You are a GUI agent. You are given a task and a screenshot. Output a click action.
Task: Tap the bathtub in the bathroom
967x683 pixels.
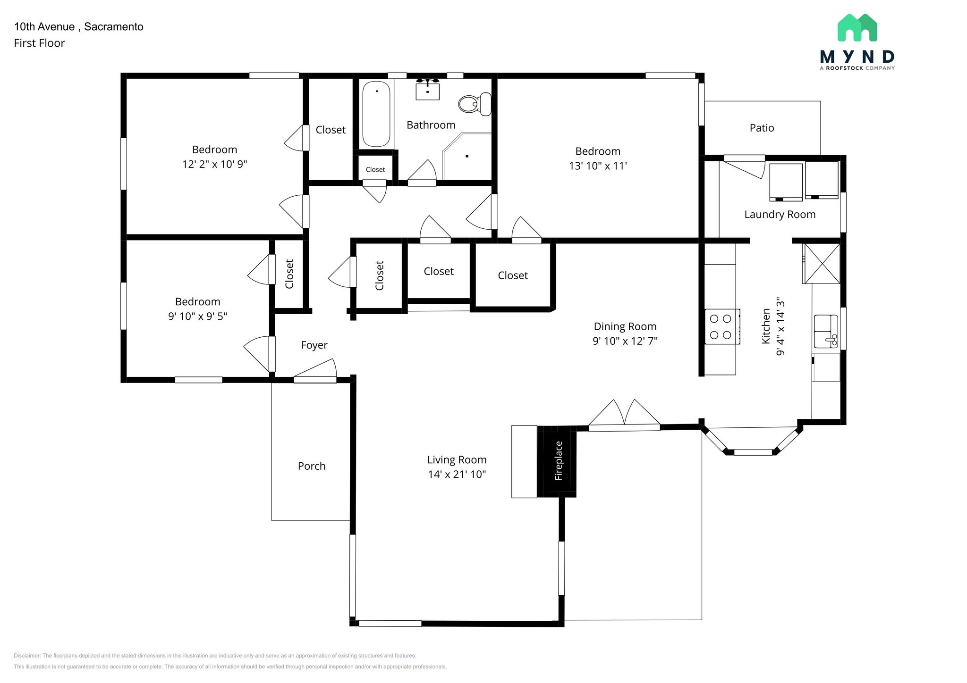[376, 114]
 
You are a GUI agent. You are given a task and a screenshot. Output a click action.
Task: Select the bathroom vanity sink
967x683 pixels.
[428, 90]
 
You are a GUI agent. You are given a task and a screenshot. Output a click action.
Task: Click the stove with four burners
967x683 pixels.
[721, 326]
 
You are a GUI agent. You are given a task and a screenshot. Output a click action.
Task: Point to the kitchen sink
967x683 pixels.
[826, 331]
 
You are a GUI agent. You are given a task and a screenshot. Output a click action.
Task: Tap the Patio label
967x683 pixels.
[762, 128]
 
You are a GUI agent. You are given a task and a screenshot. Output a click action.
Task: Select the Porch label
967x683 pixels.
[312, 466]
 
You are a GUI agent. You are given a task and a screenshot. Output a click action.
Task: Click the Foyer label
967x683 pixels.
[314, 345]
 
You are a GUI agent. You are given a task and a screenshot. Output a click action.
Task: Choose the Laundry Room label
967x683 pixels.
[780, 215]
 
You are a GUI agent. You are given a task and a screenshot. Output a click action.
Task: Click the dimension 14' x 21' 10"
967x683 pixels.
[457, 475]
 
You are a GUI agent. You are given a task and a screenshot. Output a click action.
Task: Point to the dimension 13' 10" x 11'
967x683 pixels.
[598, 166]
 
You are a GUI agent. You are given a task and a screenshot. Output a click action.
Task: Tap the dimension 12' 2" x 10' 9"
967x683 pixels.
[215, 164]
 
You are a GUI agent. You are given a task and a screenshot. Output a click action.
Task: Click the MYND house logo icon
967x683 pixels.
[857, 27]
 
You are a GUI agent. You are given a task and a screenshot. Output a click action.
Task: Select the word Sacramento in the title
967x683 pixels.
[114, 27]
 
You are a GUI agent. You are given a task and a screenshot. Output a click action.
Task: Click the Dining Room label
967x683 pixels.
[625, 326]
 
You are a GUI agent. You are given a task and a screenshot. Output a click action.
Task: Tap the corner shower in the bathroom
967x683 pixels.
[467, 156]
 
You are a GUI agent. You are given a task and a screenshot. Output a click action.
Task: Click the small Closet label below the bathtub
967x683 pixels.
[375, 170]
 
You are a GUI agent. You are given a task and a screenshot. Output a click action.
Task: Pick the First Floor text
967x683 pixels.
[39, 43]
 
